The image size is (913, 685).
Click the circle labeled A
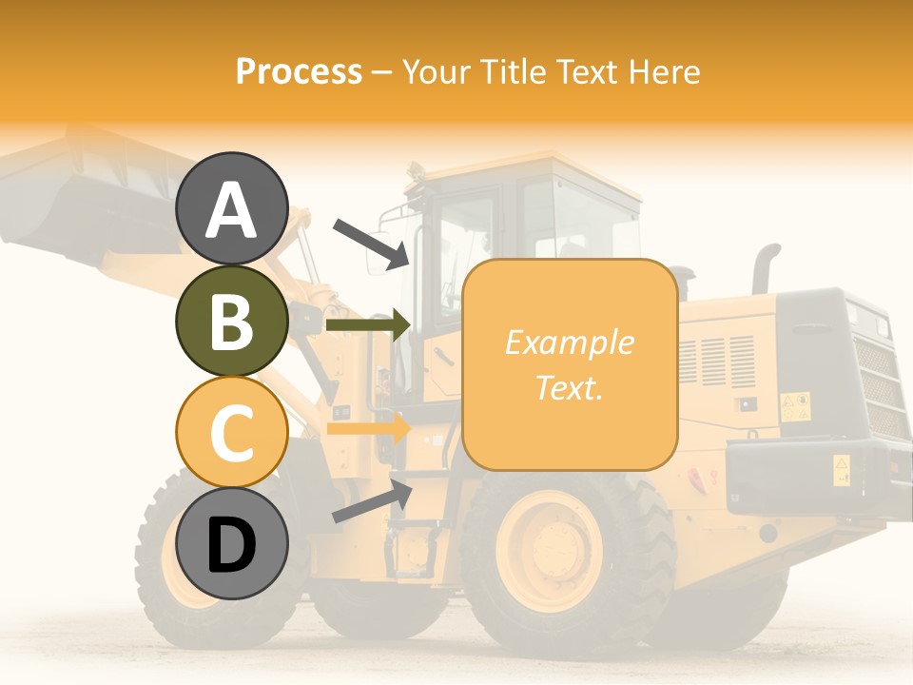click(x=231, y=209)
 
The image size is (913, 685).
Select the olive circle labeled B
click(x=231, y=321)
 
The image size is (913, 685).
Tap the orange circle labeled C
click(x=231, y=432)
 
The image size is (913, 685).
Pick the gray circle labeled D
click(x=231, y=543)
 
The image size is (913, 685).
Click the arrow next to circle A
click(x=371, y=243)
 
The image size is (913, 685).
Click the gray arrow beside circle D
click(x=372, y=501)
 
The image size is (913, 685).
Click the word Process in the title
click(x=299, y=71)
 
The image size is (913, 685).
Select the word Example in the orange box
click(x=569, y=342)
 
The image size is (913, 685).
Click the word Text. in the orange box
click(x=569, y=387)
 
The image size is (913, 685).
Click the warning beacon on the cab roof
click(x=415, y=172)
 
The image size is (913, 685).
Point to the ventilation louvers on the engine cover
click(x=718, y=362)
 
